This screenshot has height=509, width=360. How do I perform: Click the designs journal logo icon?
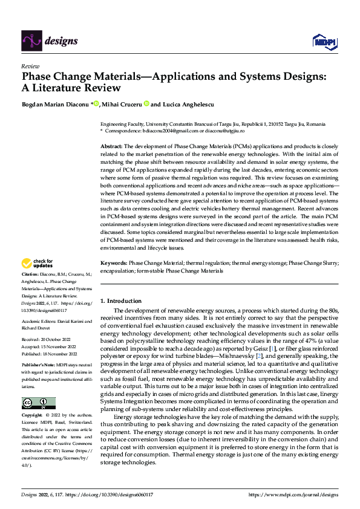(31, 40)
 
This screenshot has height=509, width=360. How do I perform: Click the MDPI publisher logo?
(323, 41)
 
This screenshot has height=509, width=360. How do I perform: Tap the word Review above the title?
(30, 66)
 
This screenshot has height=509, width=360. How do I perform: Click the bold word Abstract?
(111, 147)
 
